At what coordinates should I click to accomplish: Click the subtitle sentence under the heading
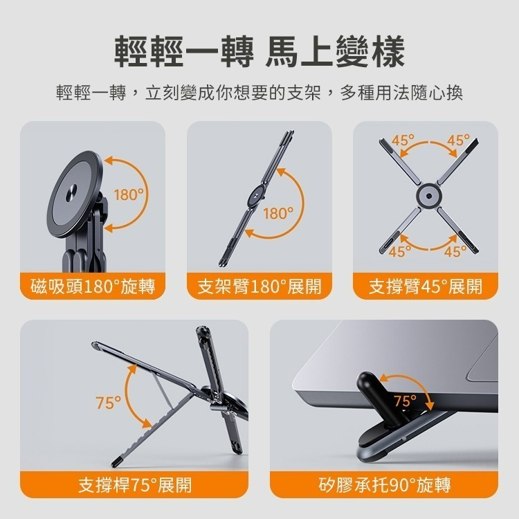pos(259,93)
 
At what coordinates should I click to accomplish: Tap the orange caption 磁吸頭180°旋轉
pos(93,286)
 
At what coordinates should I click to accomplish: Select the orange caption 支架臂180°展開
pos(259,286)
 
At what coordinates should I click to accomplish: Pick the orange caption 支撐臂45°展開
pos(426,286)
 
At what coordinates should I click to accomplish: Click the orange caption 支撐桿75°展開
pos(134,484)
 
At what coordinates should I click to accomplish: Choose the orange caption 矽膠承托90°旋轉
pos(384,484)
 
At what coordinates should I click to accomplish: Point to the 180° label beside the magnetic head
pos(130,195)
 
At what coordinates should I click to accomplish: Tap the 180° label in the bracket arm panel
pos(278,213)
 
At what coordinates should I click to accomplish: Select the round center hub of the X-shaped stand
pos(426,196)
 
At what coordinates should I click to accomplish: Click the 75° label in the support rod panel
pos(109,402)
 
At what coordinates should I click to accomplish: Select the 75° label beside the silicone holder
pos(406,401)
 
